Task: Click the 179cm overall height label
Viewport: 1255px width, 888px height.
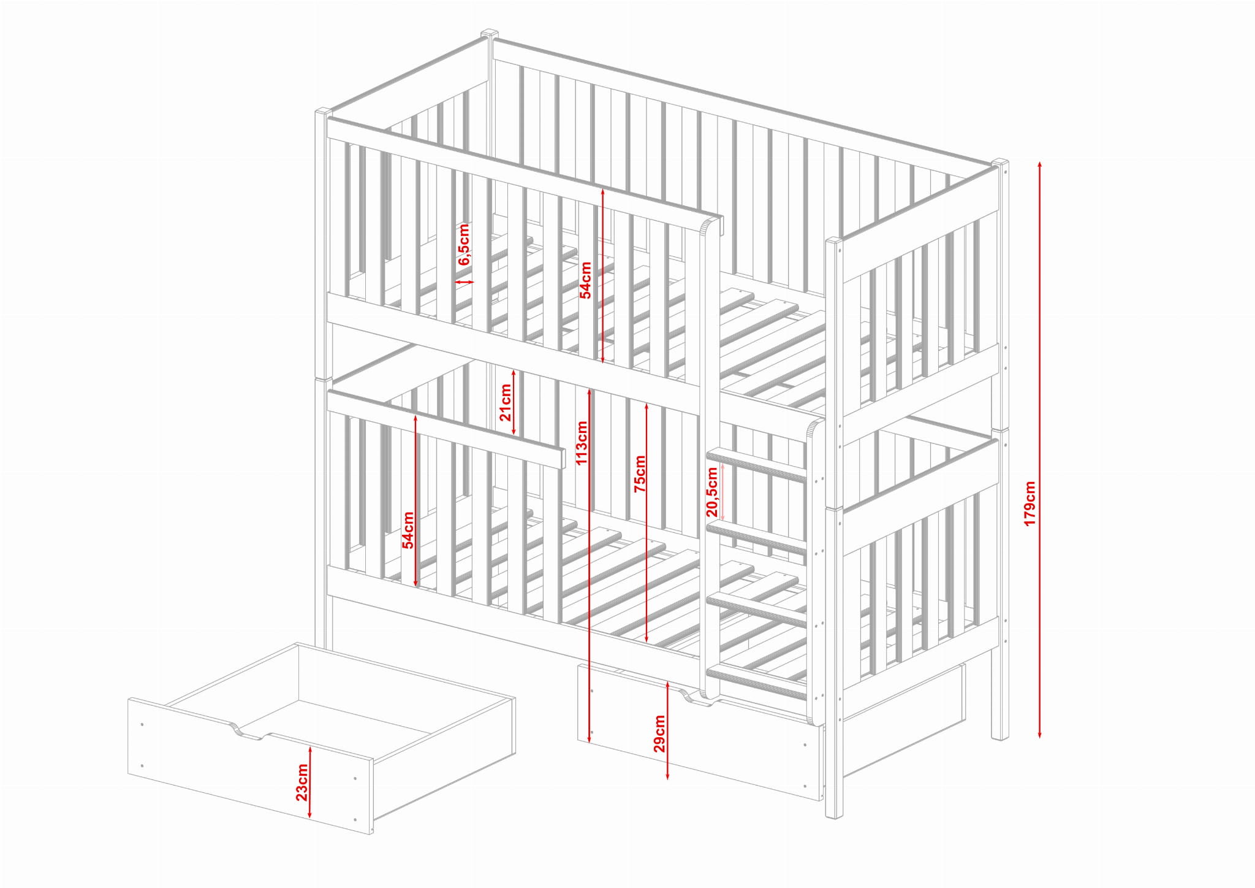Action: [1029, 503]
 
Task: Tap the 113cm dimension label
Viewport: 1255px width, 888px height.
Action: [582, 443]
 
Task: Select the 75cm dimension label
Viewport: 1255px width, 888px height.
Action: [640, 473]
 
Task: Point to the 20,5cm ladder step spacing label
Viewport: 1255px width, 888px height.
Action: [711, 492]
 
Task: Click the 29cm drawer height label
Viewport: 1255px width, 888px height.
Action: [659, 733]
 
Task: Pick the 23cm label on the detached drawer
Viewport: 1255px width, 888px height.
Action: [302, 783]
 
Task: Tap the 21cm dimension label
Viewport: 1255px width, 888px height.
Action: [506, 402]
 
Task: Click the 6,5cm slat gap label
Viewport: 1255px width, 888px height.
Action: [464, 244]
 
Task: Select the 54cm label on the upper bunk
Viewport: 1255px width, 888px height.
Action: [586, 280]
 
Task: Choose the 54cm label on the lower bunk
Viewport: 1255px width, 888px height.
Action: [408, 530]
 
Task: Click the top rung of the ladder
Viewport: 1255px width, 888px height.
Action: [757, 464]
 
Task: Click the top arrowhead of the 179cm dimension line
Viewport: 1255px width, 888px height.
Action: [1040, 164]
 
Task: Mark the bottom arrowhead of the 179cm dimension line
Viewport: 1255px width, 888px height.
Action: [1040, 734]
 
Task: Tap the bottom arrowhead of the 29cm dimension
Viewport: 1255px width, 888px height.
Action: [667, 776]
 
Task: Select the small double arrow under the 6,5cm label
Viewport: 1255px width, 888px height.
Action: [464, 282]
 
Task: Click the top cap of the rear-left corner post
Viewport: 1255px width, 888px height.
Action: [489, 33]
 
